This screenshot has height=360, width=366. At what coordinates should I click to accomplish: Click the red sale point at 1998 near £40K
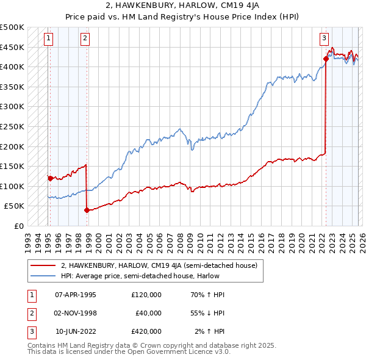tap(87, 210)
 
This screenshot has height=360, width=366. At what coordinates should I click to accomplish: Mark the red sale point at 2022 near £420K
tap(326, 59)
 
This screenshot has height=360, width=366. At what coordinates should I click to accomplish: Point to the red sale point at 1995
tap(51, 178)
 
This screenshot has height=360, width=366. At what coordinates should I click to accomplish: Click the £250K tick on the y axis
tap(12, 126)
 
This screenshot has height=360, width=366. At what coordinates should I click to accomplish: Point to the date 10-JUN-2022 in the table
tap(76, 331)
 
